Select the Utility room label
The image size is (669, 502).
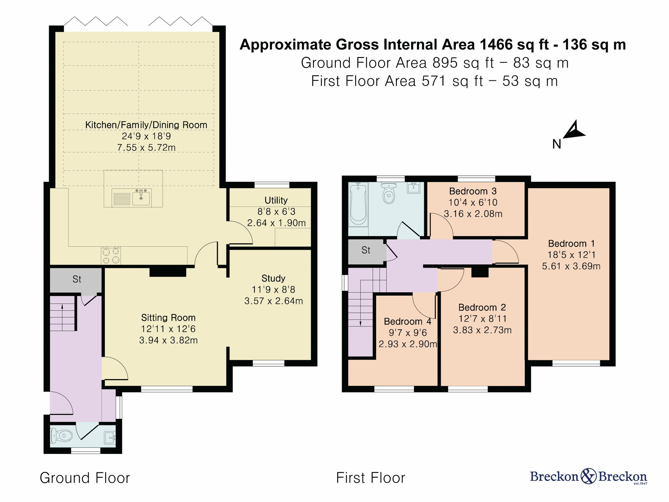click(276, 200)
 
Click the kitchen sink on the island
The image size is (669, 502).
click(141, 197)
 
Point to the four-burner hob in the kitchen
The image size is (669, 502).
click(111, 256)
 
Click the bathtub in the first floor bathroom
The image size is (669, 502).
click(358, 204)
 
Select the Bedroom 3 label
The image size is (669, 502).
click(473, 191)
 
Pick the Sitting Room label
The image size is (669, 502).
click(168, 318)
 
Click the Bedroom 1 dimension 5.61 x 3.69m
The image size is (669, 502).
click(571, 266)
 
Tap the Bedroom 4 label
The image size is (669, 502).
click(407, 321)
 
